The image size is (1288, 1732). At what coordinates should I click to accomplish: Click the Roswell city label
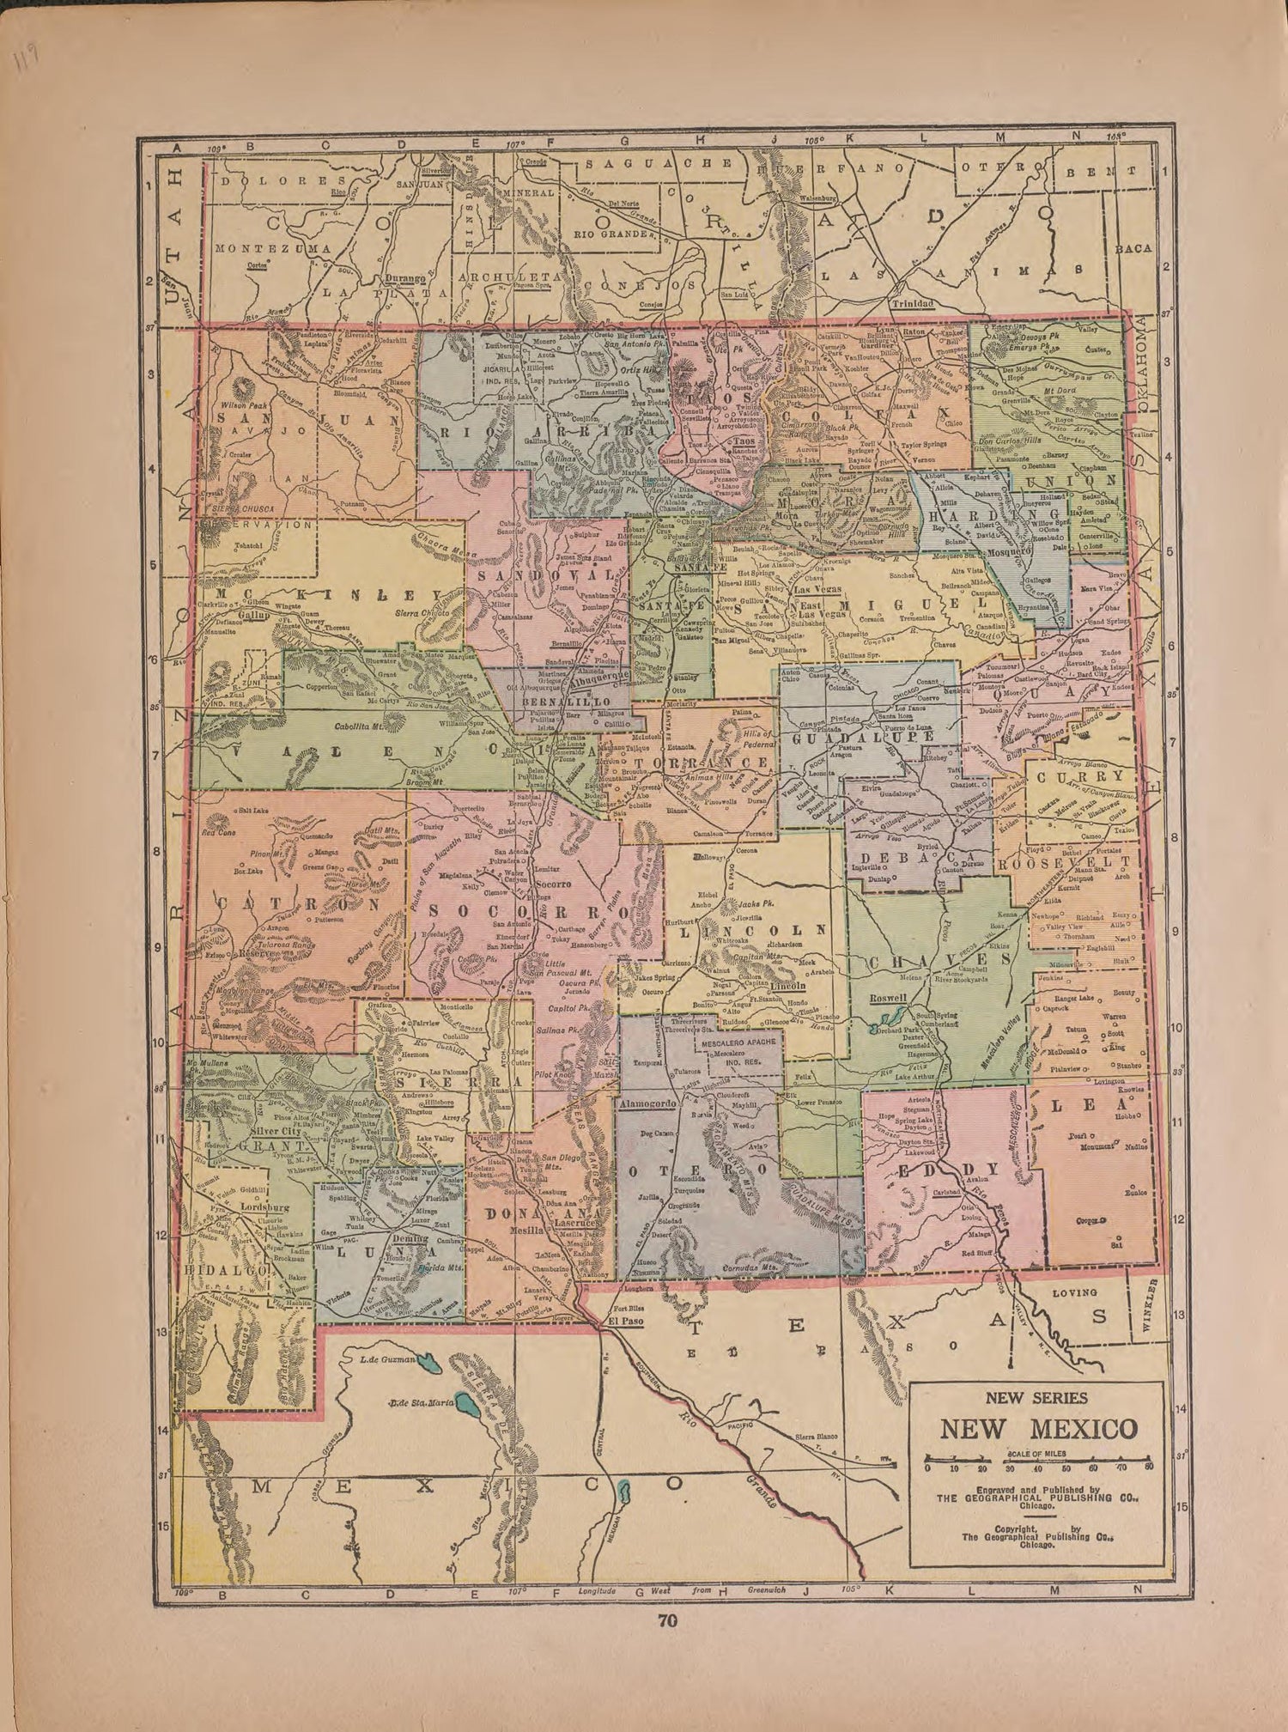pyautogui.click(x=888, y=999)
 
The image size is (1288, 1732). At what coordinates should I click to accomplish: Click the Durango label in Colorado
pyautogui.click(x=405, y=279)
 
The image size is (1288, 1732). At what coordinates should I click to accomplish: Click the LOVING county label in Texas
pyautogui.click(x=1074, y=1292)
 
